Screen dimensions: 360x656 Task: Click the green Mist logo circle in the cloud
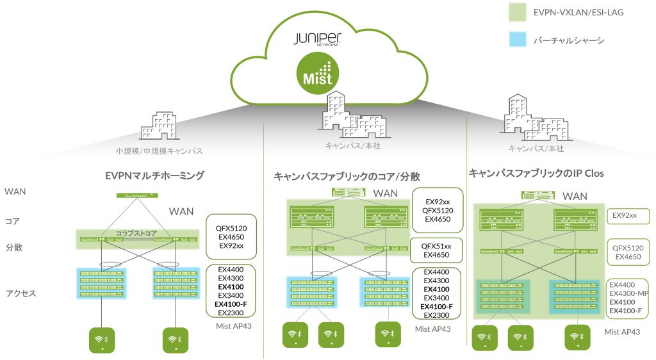318,74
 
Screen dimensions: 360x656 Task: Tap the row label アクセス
20,293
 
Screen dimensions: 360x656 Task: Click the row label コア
12,221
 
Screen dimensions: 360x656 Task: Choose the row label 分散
13,247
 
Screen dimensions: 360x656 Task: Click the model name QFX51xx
436,246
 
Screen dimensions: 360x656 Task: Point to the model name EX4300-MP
629,293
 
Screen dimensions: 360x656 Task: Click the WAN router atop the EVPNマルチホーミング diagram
136,195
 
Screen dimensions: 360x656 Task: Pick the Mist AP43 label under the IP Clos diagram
622,331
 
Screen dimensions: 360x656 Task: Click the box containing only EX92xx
628,215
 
